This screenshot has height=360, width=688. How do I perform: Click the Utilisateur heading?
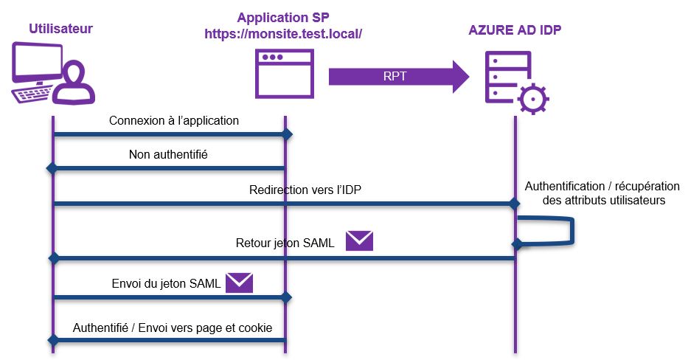click(x=61, y=29)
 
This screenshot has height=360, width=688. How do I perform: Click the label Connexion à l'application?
click(x=174, y=120)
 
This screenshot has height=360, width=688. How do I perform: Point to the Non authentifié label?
click(x=170, y=155)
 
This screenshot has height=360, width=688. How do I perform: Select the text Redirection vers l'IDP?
click(x=305, y=190)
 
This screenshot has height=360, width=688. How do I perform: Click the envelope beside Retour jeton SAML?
click(x=360, y=240)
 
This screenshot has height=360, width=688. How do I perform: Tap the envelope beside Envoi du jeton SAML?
click(x=240, y=283)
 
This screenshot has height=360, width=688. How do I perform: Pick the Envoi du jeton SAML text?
click(x=166, y=283)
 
